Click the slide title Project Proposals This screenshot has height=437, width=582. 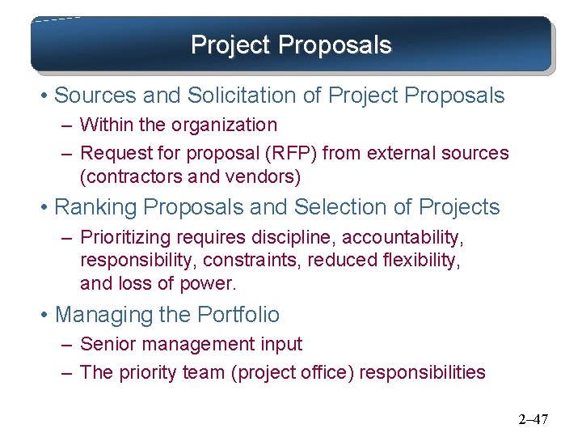pos(291,45)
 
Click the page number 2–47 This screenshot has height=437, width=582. pos(533,419)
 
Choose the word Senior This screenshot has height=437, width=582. pos(108,344)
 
